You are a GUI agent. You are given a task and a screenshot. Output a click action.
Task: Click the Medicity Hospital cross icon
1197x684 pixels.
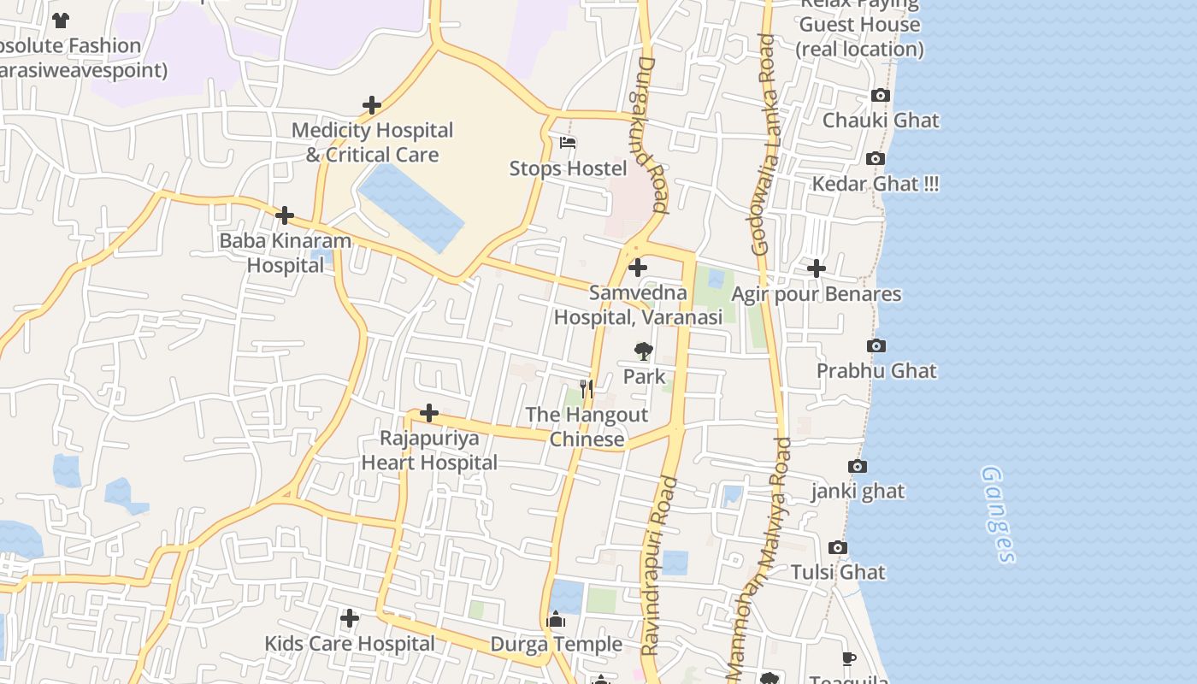[x=372, y=106]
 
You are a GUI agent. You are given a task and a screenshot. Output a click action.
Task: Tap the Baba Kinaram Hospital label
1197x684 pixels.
[x=286, y=252]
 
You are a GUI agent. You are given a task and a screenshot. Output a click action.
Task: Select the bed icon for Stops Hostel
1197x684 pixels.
[x=568, y=143]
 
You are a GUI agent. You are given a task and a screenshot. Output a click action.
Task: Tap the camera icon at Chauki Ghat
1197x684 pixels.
[x=880, y=96]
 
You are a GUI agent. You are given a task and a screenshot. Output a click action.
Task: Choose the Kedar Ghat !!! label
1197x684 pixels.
[x=875, y=184]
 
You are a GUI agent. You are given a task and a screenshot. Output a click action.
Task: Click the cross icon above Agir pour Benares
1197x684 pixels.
[x=817, y=268]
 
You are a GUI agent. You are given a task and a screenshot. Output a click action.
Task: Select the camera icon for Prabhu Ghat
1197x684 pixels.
[x=876, y=346]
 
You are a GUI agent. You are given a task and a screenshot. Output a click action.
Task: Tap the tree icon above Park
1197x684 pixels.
[x=643, y=351]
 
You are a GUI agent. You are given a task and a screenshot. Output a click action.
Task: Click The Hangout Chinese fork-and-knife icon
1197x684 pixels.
[x=587, y=389]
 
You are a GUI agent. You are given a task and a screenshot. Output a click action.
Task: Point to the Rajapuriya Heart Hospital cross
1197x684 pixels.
[x=429, y=414]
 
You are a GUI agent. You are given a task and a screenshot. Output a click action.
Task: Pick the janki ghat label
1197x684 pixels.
[x=858, y=492]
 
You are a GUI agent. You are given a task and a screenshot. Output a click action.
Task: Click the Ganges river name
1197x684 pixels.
[x=998, y=515]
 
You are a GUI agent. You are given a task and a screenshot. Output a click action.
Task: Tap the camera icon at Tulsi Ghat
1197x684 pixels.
[x=838, y=548]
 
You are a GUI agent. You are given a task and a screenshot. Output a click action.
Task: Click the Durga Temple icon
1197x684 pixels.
[x=557, y=619]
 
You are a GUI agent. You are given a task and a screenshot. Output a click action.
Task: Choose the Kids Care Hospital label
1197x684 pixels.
[x=350, y=643]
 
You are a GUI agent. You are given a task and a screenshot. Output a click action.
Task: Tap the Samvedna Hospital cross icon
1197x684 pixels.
[x=638, y=268]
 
